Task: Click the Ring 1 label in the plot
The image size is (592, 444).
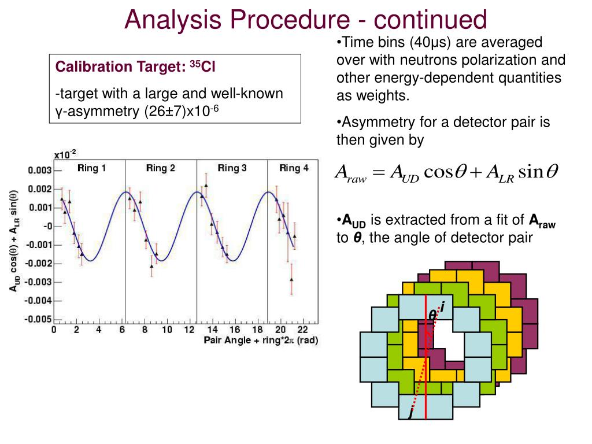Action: (91, 168)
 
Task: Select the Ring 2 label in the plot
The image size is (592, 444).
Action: (161, 168)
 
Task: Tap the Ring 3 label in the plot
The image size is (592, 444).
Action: (232, 168)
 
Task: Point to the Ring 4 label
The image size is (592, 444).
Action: (294, 168)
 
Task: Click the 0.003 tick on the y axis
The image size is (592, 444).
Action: (40, 171)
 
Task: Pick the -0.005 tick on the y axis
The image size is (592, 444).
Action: (38, 319)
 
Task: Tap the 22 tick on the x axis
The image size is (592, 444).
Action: (302, 330)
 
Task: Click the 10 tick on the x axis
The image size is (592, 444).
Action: (166, 330)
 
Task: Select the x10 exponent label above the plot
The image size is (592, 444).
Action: (65, 154)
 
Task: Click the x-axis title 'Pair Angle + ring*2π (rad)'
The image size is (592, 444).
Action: (260, 340)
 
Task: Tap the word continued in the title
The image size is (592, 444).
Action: (430, 20)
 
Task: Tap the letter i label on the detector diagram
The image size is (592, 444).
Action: (442, 305)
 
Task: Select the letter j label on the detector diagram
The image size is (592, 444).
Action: (411, 413)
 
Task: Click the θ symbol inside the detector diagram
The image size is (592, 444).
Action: (432, 316)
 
